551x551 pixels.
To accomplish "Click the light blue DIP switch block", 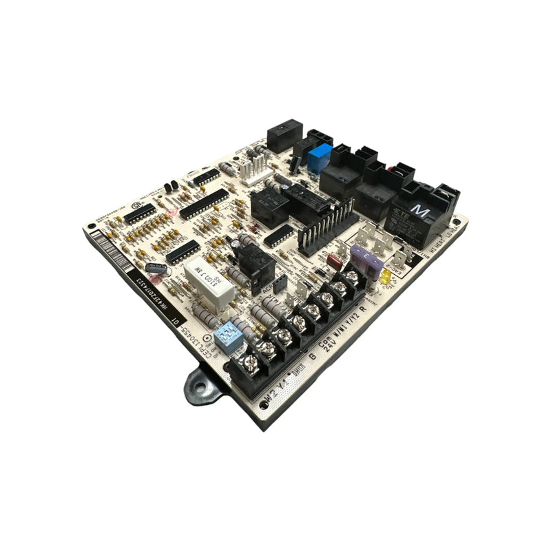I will (x=225, y=337).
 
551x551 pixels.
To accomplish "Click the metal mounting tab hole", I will (x=200, y=382).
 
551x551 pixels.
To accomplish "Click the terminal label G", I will (x=313, y=356).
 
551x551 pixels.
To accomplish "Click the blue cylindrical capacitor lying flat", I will (x=156, y=267).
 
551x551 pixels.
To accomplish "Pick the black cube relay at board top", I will (x=284, y=136).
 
